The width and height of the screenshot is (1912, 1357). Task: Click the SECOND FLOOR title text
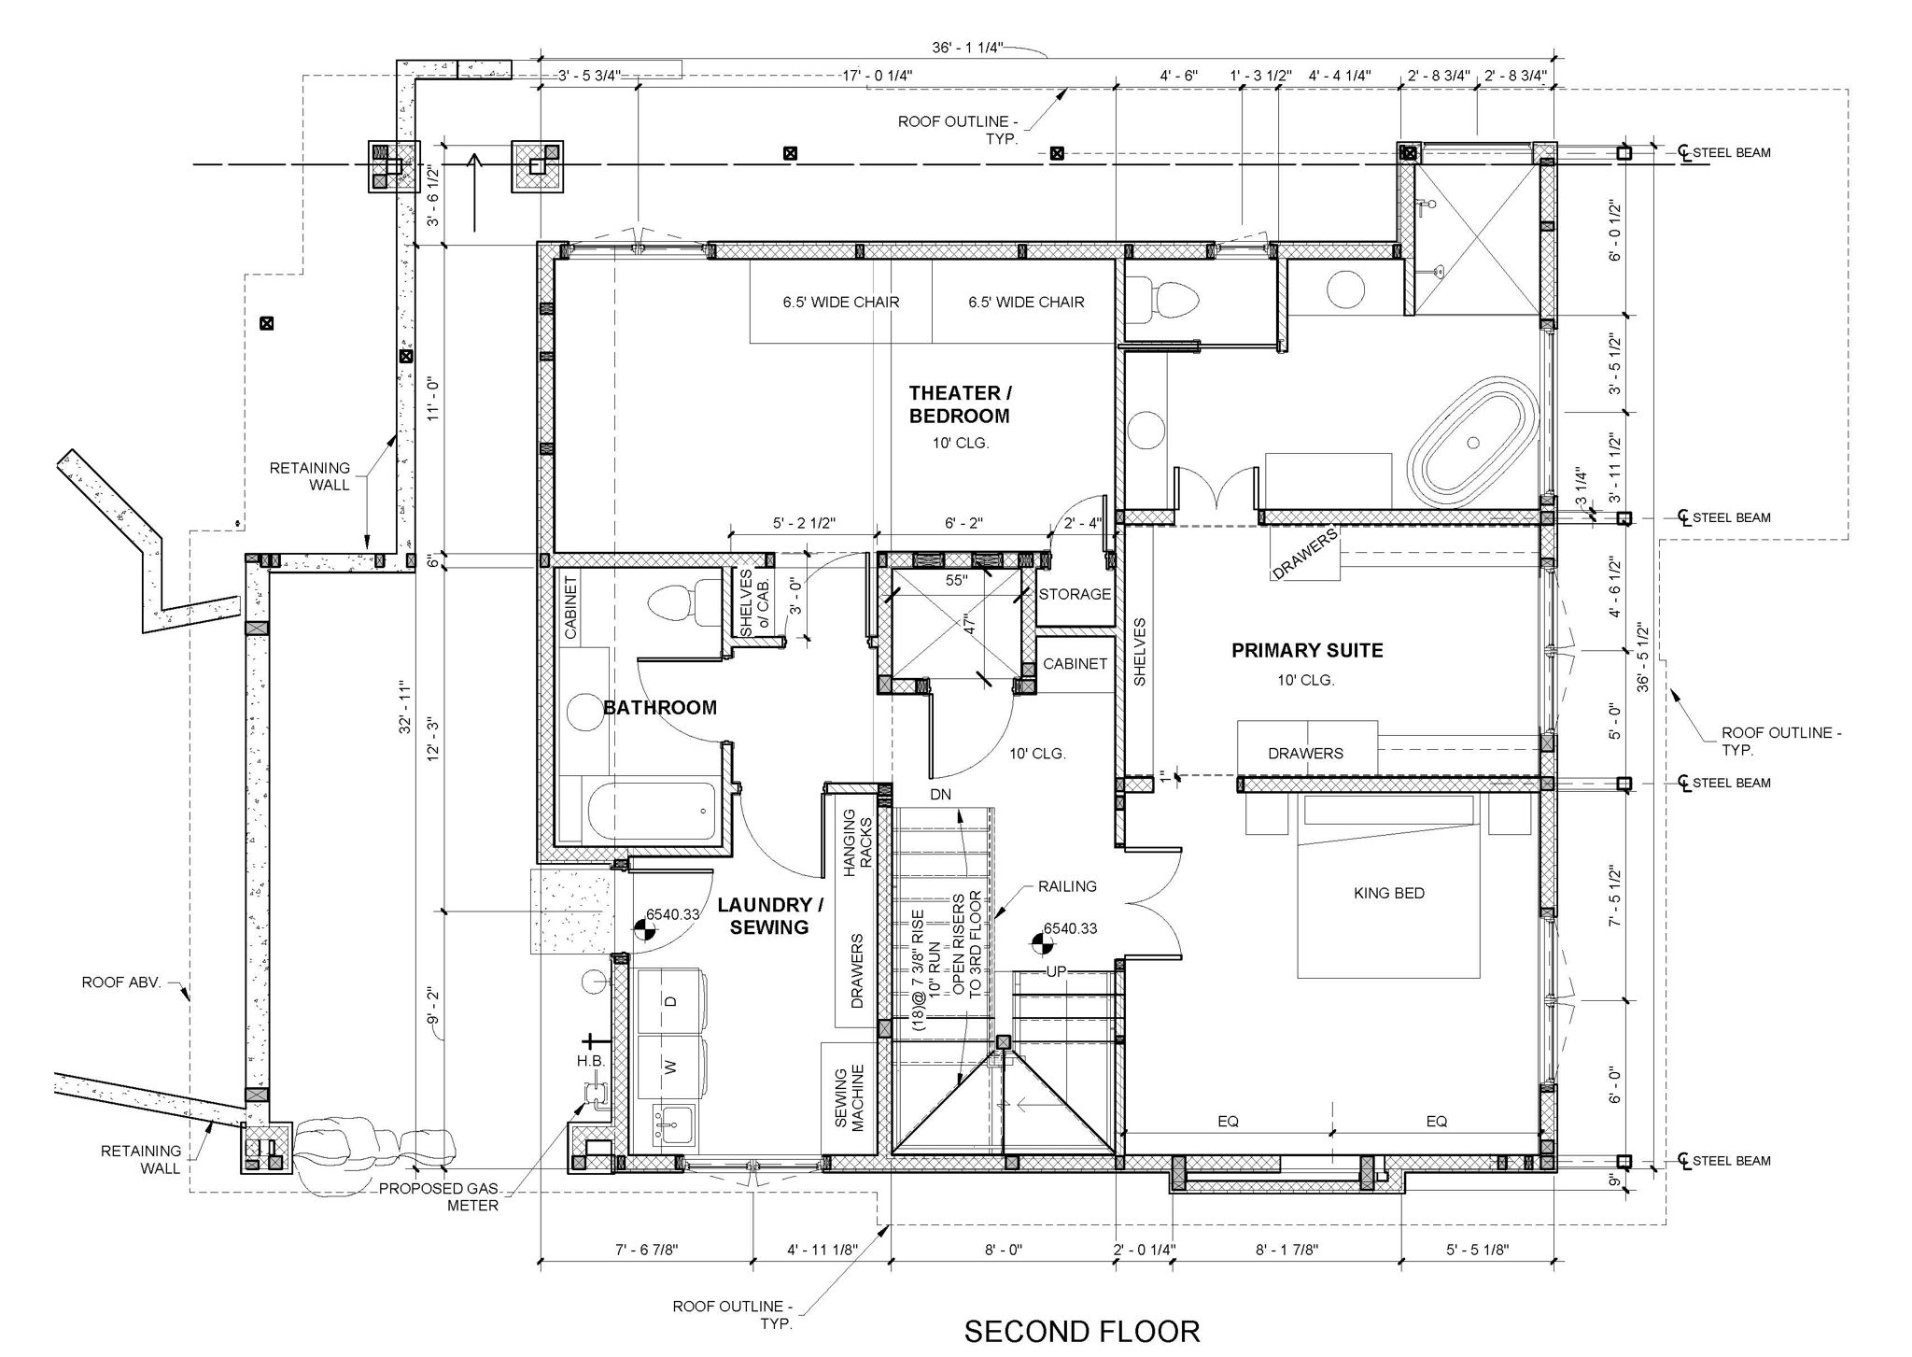1082,1331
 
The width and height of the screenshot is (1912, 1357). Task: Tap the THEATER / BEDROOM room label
960,404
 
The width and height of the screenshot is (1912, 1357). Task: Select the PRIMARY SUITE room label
1307,651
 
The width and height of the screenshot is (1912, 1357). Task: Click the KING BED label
1389,893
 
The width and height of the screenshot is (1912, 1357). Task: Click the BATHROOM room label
660,708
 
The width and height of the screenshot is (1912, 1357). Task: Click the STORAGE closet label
1075,594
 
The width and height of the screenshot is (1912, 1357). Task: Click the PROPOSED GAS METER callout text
439,1197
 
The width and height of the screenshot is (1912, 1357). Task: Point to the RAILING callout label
1067,886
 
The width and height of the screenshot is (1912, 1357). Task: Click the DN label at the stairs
940,795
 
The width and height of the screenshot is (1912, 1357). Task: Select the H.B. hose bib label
591,1061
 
